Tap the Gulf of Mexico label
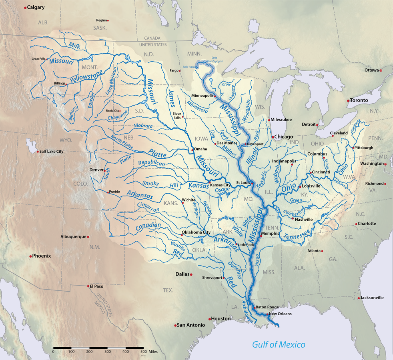coord(279,344)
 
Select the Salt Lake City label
coord(52,152)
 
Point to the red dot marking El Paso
coord(88,286)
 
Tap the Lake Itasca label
coord(190,67)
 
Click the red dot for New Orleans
coord(267,314)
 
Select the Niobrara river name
coord(143,126)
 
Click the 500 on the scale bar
coord(143,352)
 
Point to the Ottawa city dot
coord(381,70)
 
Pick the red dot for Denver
coord(105,170)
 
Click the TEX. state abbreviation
coord(168,290)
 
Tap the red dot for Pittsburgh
coord(353,148)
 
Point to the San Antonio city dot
coord(175,325)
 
